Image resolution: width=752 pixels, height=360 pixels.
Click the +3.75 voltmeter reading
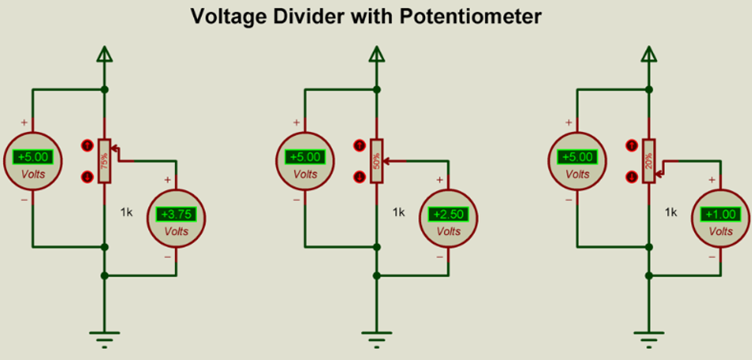[176, 214]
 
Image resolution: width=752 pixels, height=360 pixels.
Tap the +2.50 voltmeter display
[448, 214]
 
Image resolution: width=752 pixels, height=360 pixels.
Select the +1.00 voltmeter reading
[721, 214]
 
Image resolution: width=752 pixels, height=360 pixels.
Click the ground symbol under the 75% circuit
[104, 339]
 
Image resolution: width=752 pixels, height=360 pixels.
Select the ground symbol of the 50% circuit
[376, 339]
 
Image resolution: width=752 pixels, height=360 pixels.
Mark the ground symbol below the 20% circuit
[648, 339]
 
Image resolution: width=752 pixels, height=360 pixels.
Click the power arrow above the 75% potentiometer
[104, 54]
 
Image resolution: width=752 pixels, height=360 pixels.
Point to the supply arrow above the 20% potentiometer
[648, 54]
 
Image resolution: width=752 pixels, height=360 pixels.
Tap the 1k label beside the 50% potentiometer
[399, 212]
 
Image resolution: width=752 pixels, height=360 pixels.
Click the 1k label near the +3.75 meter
[127, 212]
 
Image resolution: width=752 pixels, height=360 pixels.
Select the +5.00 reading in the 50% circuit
[305, 157]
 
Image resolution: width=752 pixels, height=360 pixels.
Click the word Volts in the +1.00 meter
[721, 232]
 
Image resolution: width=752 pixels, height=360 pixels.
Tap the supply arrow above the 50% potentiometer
[376, 54]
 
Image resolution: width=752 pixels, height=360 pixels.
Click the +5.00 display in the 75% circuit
[32, 157]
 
